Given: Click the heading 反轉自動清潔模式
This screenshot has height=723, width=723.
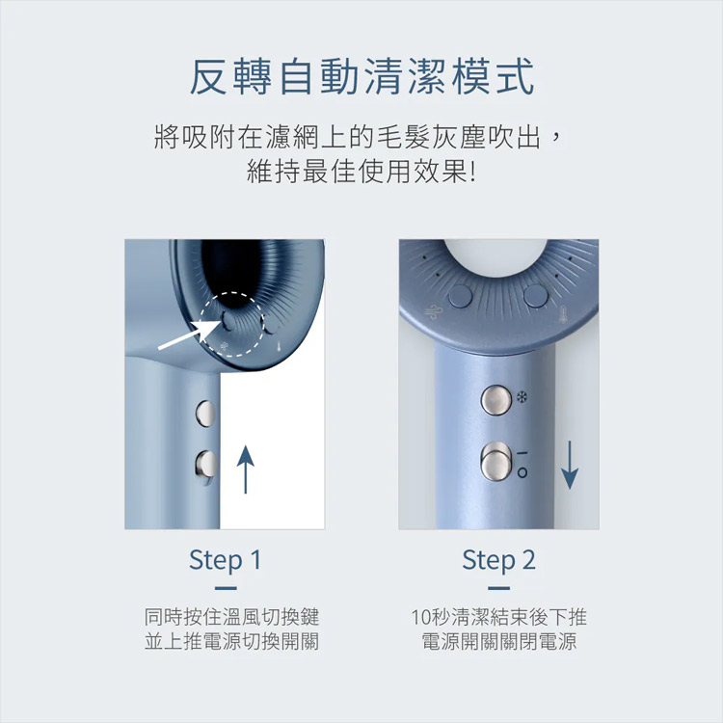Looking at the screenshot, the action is (361, 77).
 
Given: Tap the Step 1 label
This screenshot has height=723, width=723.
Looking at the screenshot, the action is (225, 560).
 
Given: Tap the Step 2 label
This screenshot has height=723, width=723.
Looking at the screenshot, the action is (499, 560).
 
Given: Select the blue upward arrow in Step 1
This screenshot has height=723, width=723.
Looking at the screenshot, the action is (245, 469).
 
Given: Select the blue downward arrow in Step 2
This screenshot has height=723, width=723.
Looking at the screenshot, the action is (570, 465).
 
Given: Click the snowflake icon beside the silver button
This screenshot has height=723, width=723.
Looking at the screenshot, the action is (522, 397).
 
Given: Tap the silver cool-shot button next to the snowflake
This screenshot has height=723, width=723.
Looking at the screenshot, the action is (496, 400).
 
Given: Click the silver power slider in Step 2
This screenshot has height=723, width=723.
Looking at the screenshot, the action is (496, 462).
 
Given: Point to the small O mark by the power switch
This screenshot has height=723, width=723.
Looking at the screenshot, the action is (522, 472).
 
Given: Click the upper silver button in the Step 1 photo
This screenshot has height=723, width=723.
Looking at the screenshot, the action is (205, 413).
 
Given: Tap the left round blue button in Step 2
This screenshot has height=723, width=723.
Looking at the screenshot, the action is (460, 296).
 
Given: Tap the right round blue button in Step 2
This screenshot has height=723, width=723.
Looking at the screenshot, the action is (536, 296).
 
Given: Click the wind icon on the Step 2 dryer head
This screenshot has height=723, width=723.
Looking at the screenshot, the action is (434, 312).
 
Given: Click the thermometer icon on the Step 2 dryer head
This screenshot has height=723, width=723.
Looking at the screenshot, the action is (563, 314).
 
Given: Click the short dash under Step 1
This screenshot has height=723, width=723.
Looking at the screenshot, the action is (226, 588).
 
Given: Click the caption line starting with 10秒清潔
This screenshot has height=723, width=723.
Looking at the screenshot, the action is (499, 617).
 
